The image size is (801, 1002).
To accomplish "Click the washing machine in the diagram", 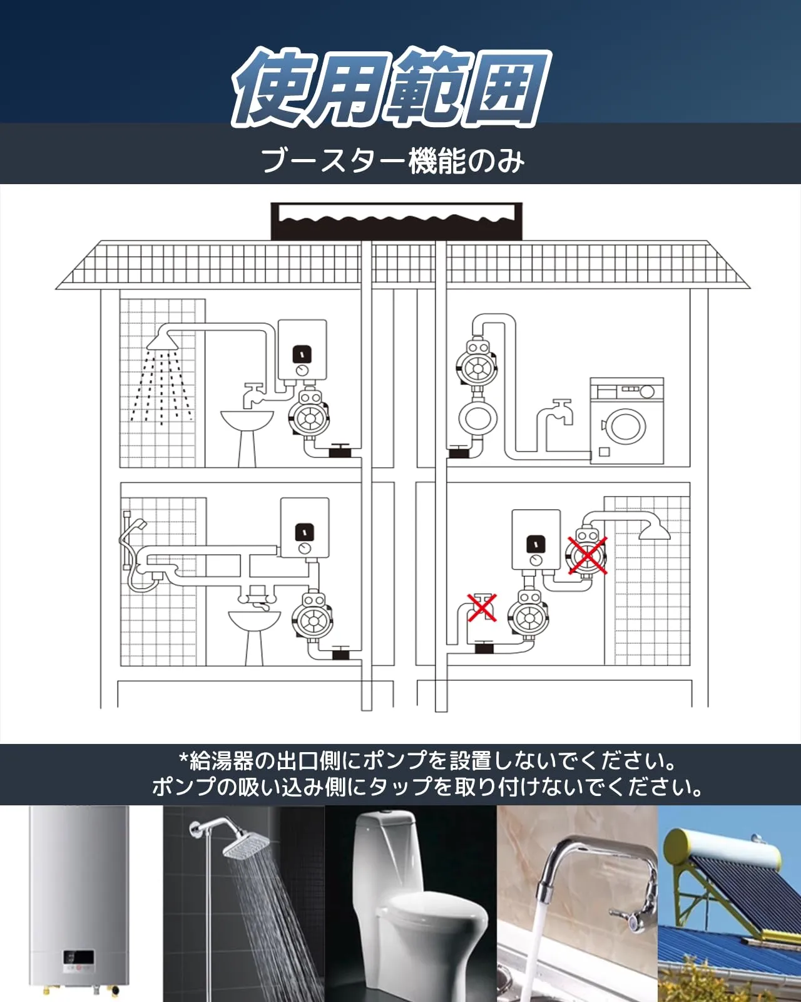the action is coord(627,420).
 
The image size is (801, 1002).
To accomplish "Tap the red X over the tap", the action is coord(482,607).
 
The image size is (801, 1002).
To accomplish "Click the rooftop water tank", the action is coord(397,220).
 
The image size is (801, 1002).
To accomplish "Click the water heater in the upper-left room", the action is coord(302,350).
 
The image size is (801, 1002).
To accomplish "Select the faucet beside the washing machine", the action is coord(557,418).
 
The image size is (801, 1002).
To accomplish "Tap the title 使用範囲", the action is coord(391,88).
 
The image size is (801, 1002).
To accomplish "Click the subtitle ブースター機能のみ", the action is coord(392,161).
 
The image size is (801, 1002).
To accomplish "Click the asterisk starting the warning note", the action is coord(183,758).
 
